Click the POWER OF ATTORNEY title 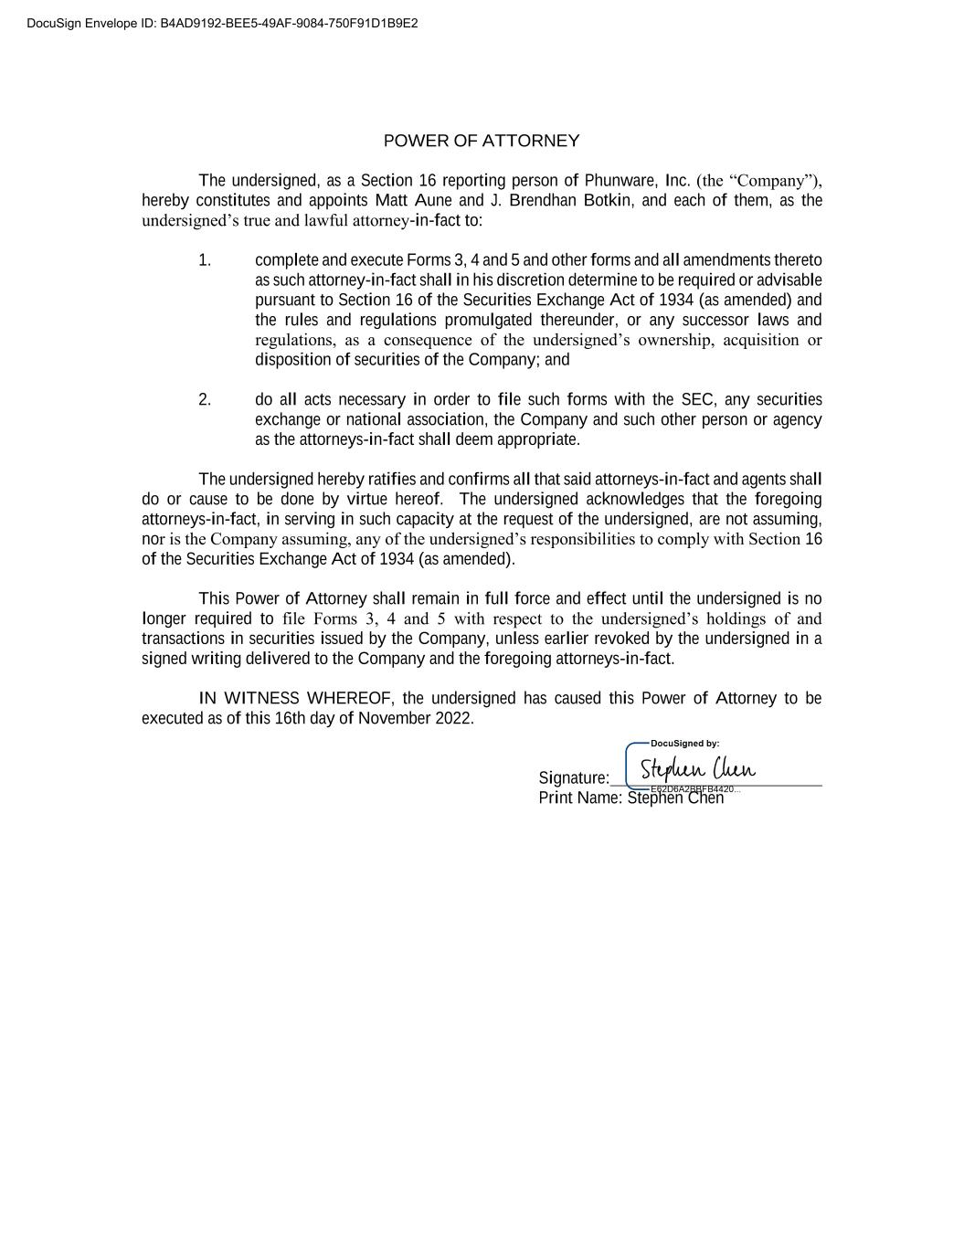point(481,141)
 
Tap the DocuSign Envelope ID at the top point(222,23)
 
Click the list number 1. point(205,260)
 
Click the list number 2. point(205,399)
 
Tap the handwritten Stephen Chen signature point(697,768)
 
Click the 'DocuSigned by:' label point(684,744)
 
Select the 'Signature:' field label point(574,777)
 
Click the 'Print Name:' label point(580,798)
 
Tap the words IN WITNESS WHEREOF point(295,698)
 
